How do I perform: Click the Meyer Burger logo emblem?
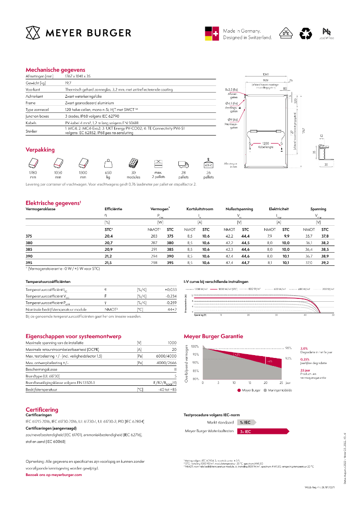pyautogui.click(x=33, y=33)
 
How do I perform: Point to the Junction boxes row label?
pyautogui.click(x=38, y=115)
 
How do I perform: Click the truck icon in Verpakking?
pyautogui.click(x=183, y=164)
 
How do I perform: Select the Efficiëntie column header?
pyautogui.click(x=113, y=209)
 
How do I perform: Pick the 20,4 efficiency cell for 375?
pyautogui.click(x=109, y=235)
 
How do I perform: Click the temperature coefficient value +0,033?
pyautogui.click(x=170, y=289)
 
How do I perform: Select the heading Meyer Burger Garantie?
pyautogui.click(x=213, y=336)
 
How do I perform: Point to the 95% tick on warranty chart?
pyautogui.click(x=196, y=354)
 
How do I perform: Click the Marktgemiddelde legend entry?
pyautogui.click(x=280, y=390)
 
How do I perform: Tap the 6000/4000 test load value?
pyautogui.click(x=166, y=356)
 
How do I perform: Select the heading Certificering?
pyautogui.click(x=42, y=409)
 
